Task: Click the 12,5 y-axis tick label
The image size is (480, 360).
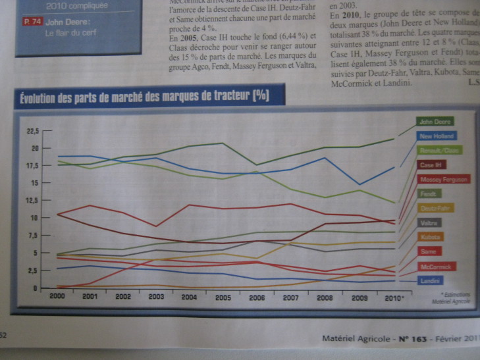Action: [x=32, y=199]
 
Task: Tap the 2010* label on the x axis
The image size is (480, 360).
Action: [x=395, y=297]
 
